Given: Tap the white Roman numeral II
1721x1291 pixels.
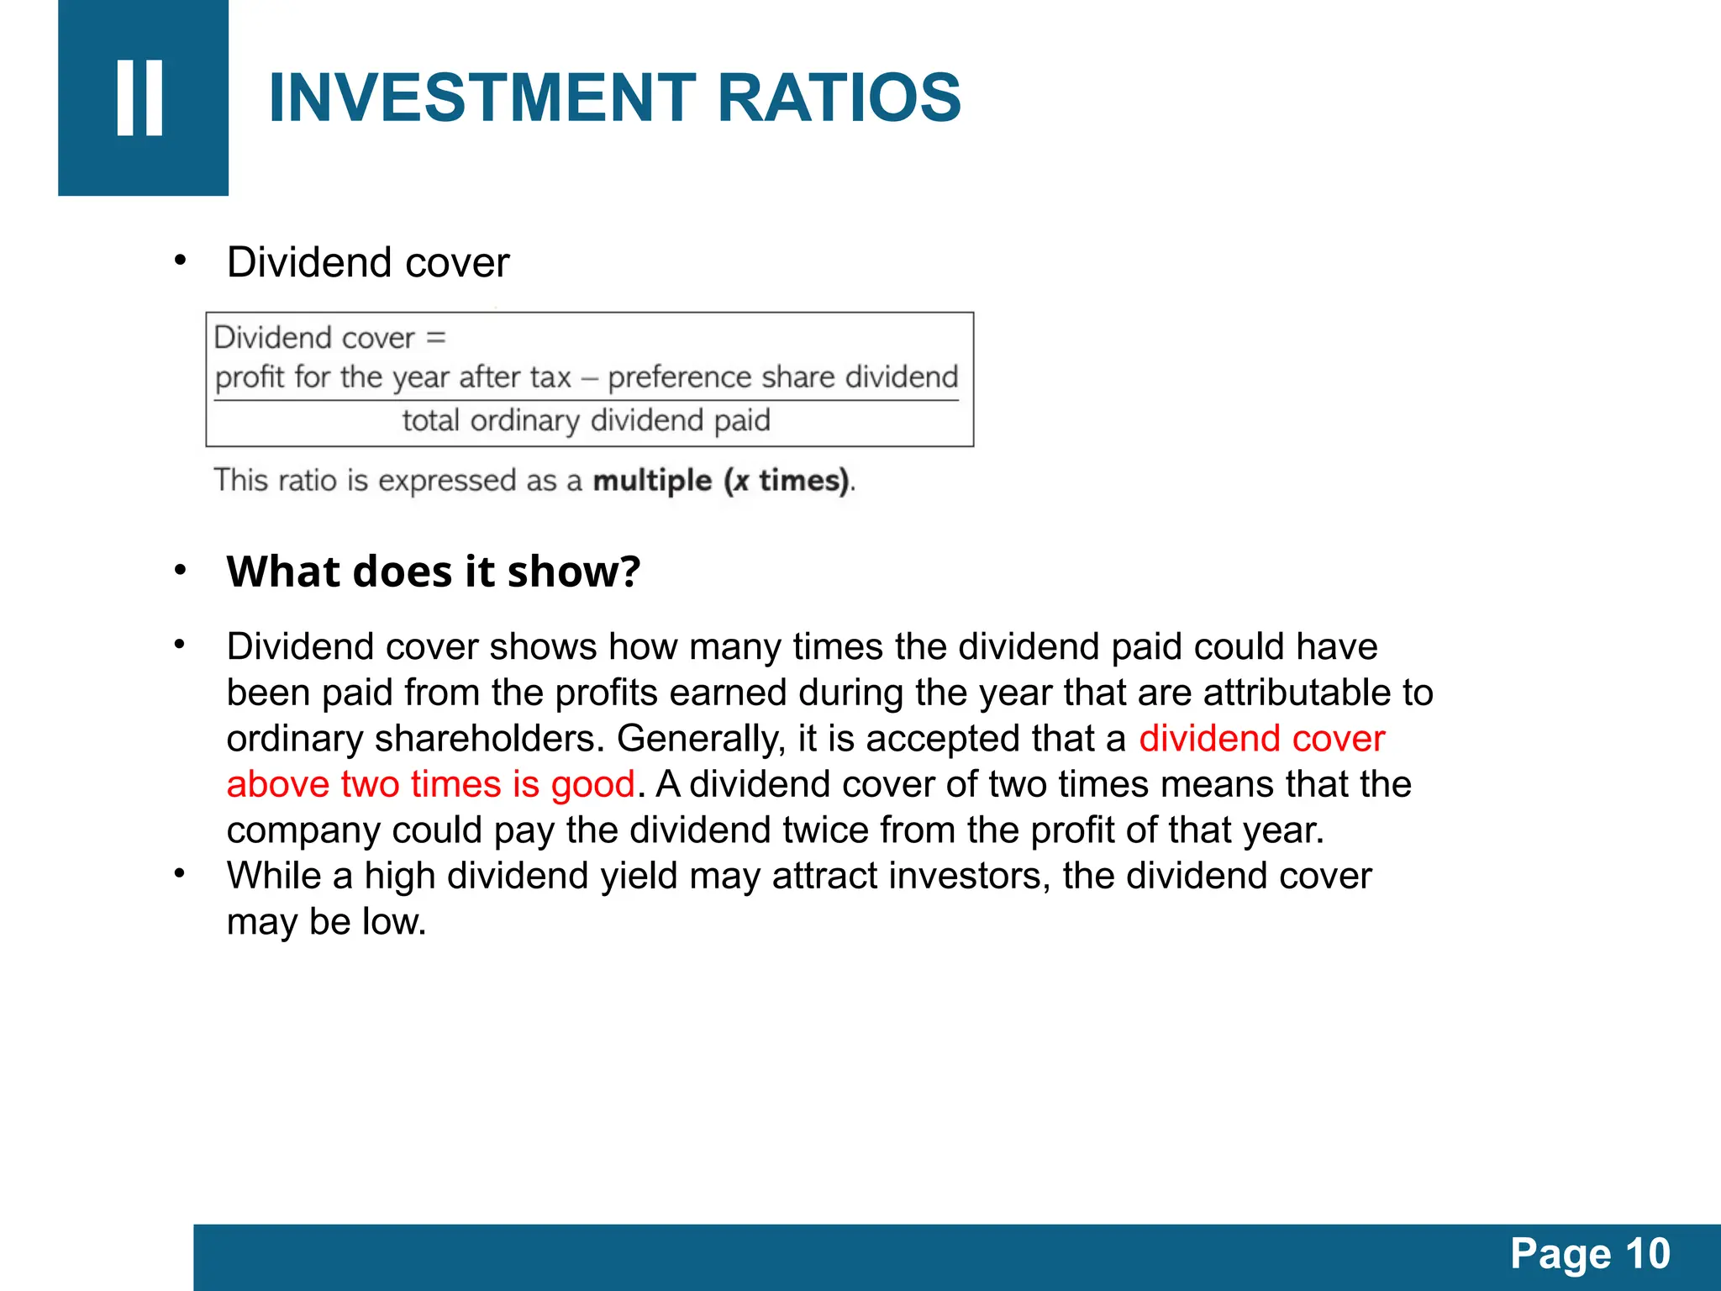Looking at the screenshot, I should click(140, 97).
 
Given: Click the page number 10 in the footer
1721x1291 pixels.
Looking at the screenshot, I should click(1648, 1254).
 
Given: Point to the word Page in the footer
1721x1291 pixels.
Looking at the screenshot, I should click(1560, 1254).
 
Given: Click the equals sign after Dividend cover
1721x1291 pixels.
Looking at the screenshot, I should click(435, 338).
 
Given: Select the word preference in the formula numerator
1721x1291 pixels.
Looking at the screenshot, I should click(680, 377).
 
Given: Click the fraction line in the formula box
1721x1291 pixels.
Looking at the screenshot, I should click(586, 400).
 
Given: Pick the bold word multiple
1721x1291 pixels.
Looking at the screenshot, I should click(652, 481).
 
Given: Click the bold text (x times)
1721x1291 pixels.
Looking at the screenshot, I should click(787, 481).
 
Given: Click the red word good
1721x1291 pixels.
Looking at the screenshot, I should click(592, 784).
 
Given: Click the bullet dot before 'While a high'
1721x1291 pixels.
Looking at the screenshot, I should click(179, 873).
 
